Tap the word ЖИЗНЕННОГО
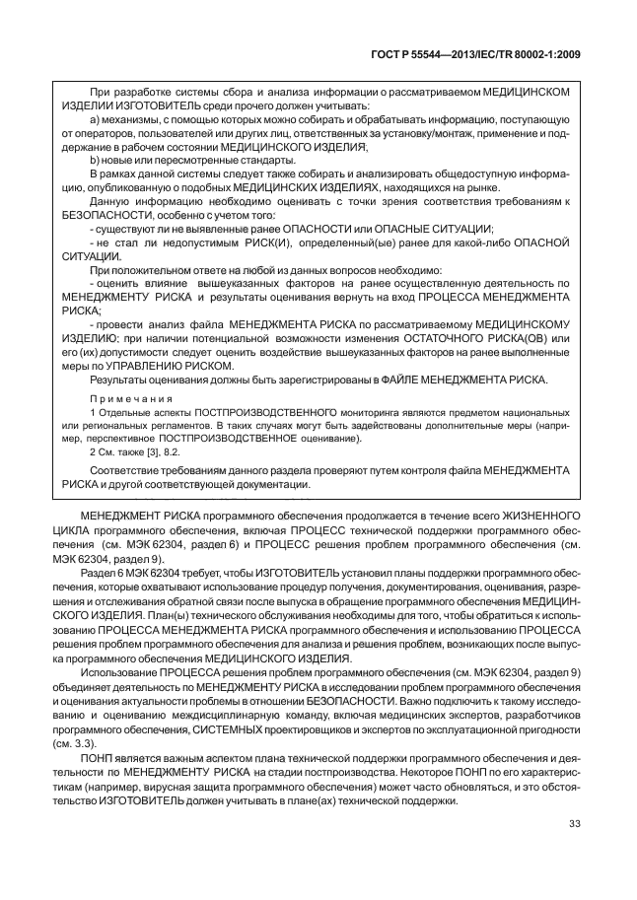point(530,515)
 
